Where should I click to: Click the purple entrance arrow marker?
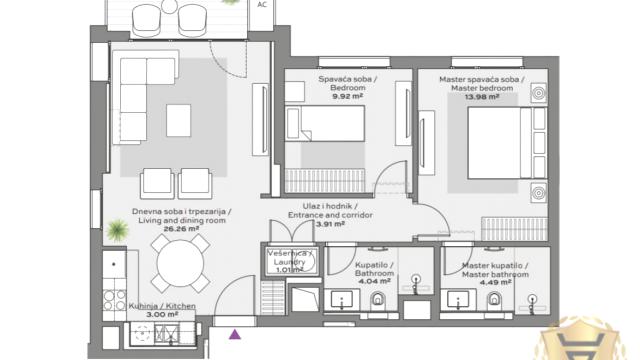(x=235, y=335)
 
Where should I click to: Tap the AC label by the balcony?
(x=262, y=4)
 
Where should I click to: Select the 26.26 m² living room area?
(x=181, y=229)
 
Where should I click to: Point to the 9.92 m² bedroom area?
(x=347, y=97)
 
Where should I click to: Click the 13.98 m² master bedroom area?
(x=482, y=97)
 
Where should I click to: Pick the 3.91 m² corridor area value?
(x=330, y=224)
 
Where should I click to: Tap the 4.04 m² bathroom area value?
(x=374, y=282)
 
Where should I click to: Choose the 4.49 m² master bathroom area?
(x=495, y=282)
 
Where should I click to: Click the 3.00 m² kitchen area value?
(x=162, y=314)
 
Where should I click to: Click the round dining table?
(x=180, y=263)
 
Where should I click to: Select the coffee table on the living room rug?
(x=178, y=120)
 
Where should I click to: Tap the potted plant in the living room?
(x=118, y=230)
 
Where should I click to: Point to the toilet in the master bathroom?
(x=494, y=300)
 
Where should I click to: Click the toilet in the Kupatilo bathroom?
(x=378, y=300)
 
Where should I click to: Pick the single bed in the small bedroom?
(x=325, y=124)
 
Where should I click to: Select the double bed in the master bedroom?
(x=507, y=143)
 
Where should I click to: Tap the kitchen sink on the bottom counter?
(x=166, y=334)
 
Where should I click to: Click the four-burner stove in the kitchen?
(x=114, y=300)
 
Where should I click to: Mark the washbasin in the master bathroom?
(x=458, y=300)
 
